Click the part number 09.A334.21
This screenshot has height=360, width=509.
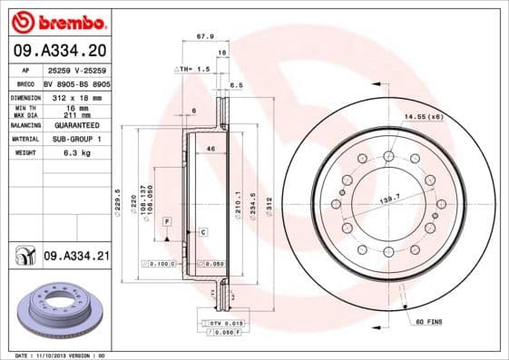(x=76, y=257)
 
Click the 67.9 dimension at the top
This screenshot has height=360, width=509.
(x=204, y=37)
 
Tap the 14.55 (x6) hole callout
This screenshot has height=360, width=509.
(x=423, y=116)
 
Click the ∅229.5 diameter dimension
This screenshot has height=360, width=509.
(x=119, y=199)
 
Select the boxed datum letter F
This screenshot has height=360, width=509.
(x=167, y=221)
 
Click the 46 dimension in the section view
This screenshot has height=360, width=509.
(x=211, y=147)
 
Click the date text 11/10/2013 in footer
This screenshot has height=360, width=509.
(x=56, y=355)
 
